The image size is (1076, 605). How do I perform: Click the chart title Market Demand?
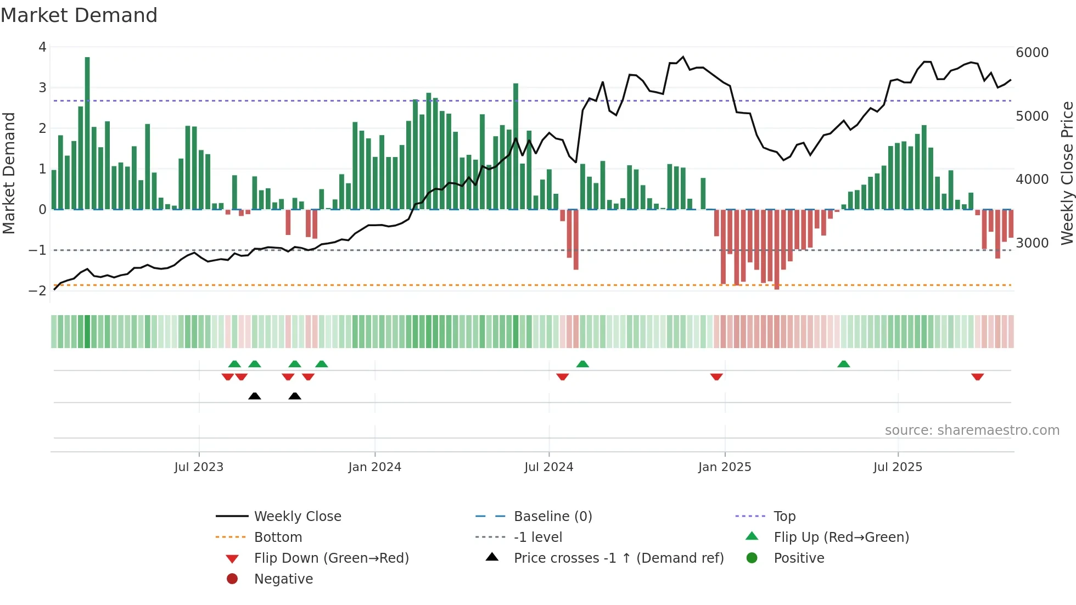(x=79, y=15)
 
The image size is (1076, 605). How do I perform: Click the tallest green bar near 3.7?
(x=87, y=132)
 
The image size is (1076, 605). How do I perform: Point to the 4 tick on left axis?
(x=42, y=47)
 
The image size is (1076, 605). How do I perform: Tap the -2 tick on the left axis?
(x=37, y=290)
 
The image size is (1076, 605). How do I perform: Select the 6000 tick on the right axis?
(x=1032, y=53)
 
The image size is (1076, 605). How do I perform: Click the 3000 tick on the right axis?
(x=1032, y=243)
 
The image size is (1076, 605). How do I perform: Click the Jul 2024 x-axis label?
(x=548, y=467)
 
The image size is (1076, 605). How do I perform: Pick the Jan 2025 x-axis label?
(x=725, y=467)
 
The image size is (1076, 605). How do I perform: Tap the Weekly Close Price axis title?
(x=1067, y=173)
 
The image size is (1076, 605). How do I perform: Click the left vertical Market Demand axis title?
(x=9, y=173)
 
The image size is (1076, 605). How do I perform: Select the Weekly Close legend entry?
(x=297, y=517)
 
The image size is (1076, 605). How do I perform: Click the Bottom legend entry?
(x=278, y=537)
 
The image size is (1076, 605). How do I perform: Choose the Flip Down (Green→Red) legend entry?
(x=331, y=558)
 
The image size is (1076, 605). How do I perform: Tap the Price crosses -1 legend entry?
(x=618, y=558)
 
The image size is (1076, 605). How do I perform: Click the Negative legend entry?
(x=283, y=579)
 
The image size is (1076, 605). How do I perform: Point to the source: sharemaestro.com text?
(x=972, y=430)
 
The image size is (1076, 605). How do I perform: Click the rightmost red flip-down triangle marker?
(x=977, y=377)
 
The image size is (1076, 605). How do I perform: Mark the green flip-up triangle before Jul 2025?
(x=844, y=364)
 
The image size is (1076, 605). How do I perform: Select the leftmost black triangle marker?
(x=254, y=396)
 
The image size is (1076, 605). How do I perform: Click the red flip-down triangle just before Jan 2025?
(x=716, y=377)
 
